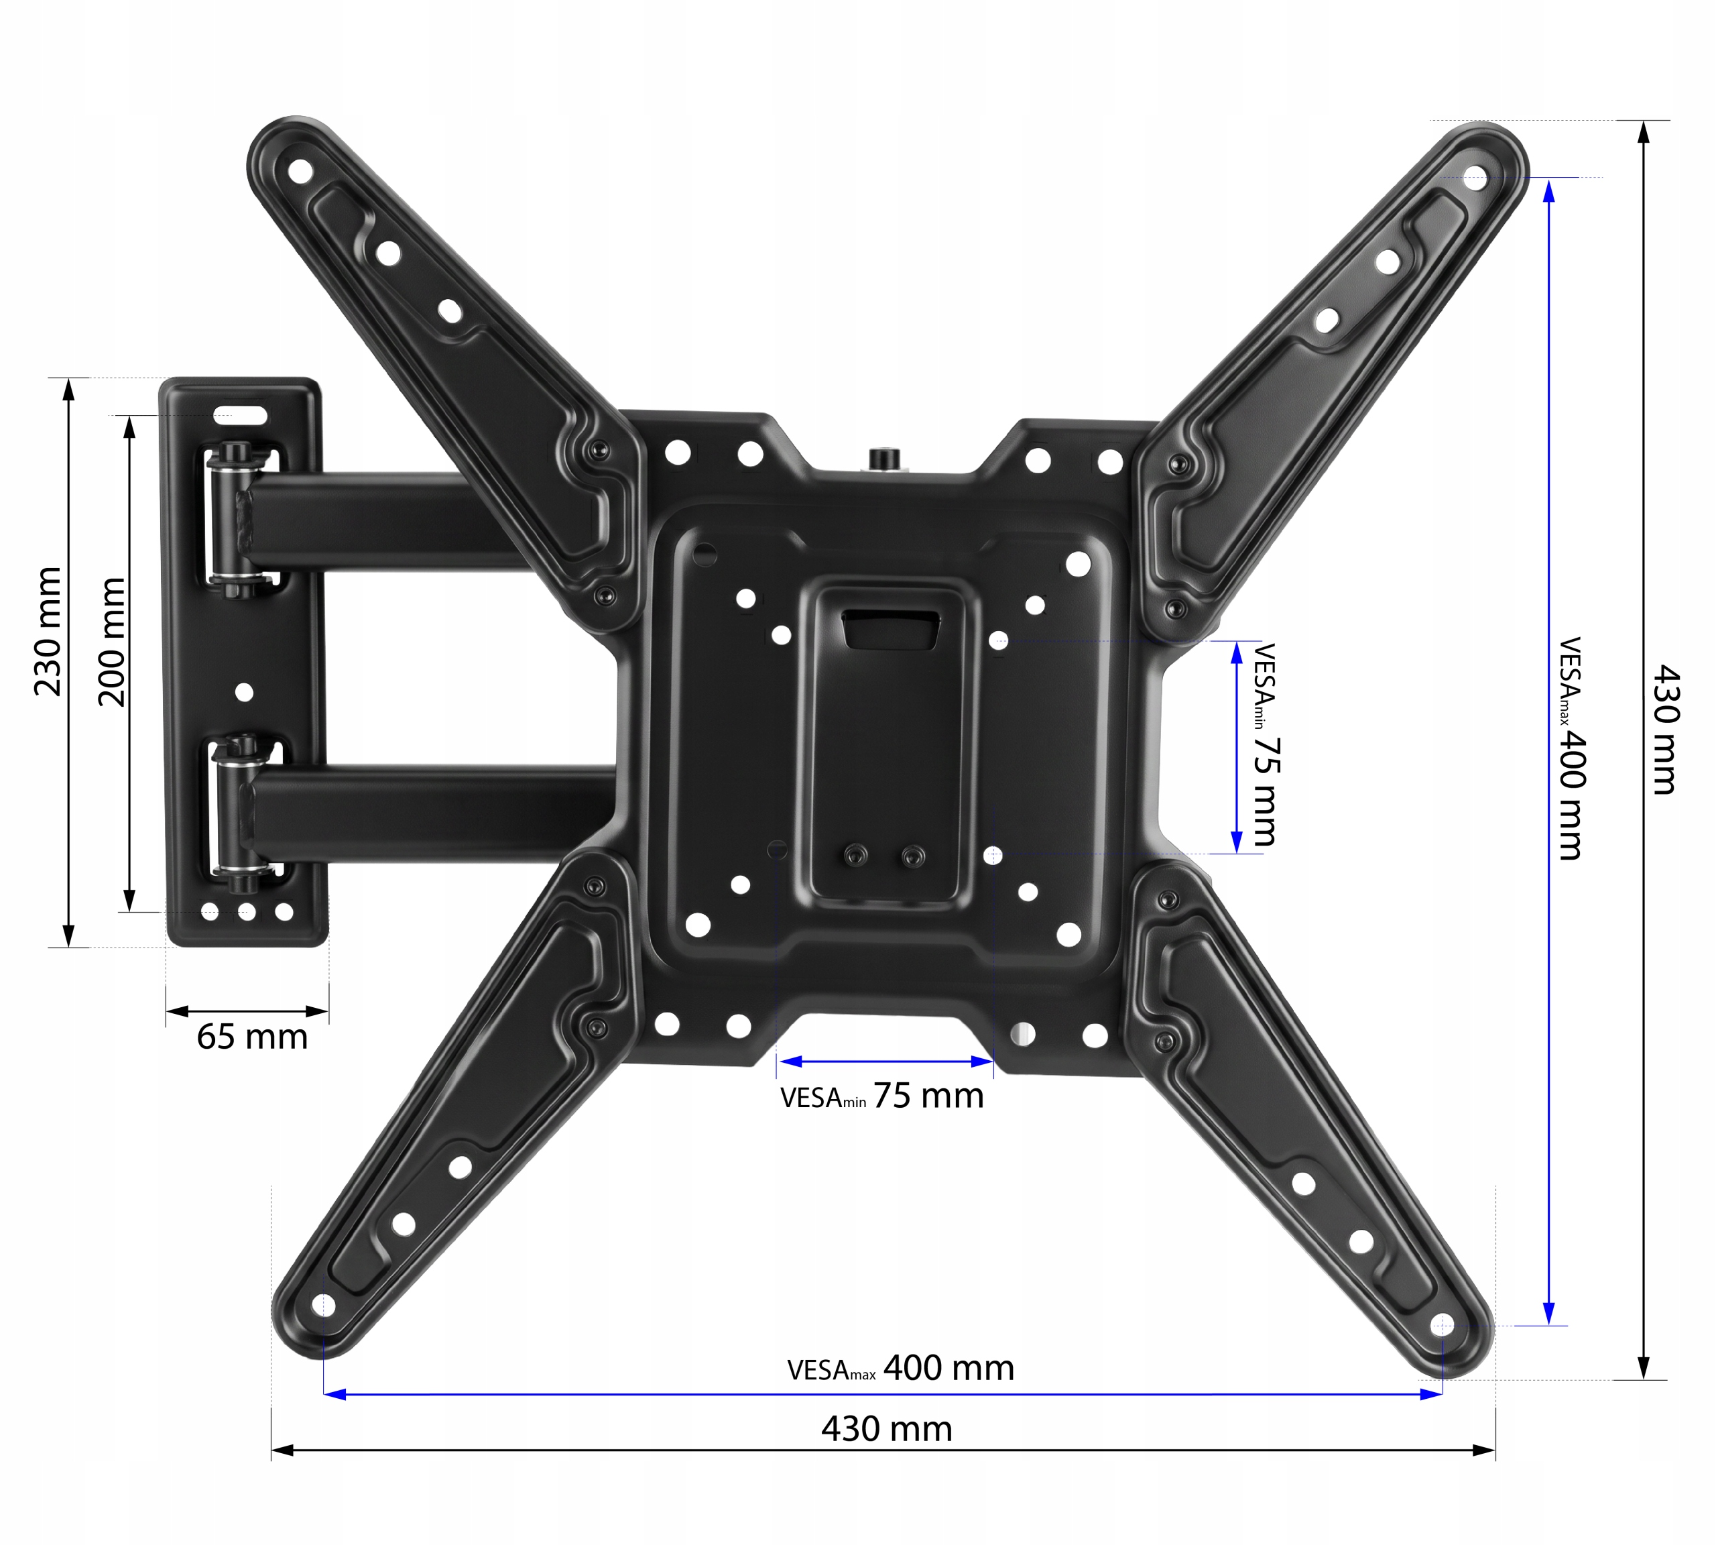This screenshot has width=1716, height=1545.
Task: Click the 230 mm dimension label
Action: tap(48, 632)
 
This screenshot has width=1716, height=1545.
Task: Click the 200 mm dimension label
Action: tap(111, 642)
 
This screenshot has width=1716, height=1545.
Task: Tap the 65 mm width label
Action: tap(252, 1037)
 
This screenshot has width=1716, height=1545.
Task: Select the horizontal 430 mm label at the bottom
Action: tap(887, 1429)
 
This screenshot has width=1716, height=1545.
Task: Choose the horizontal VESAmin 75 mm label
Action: tap(881, 1096)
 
